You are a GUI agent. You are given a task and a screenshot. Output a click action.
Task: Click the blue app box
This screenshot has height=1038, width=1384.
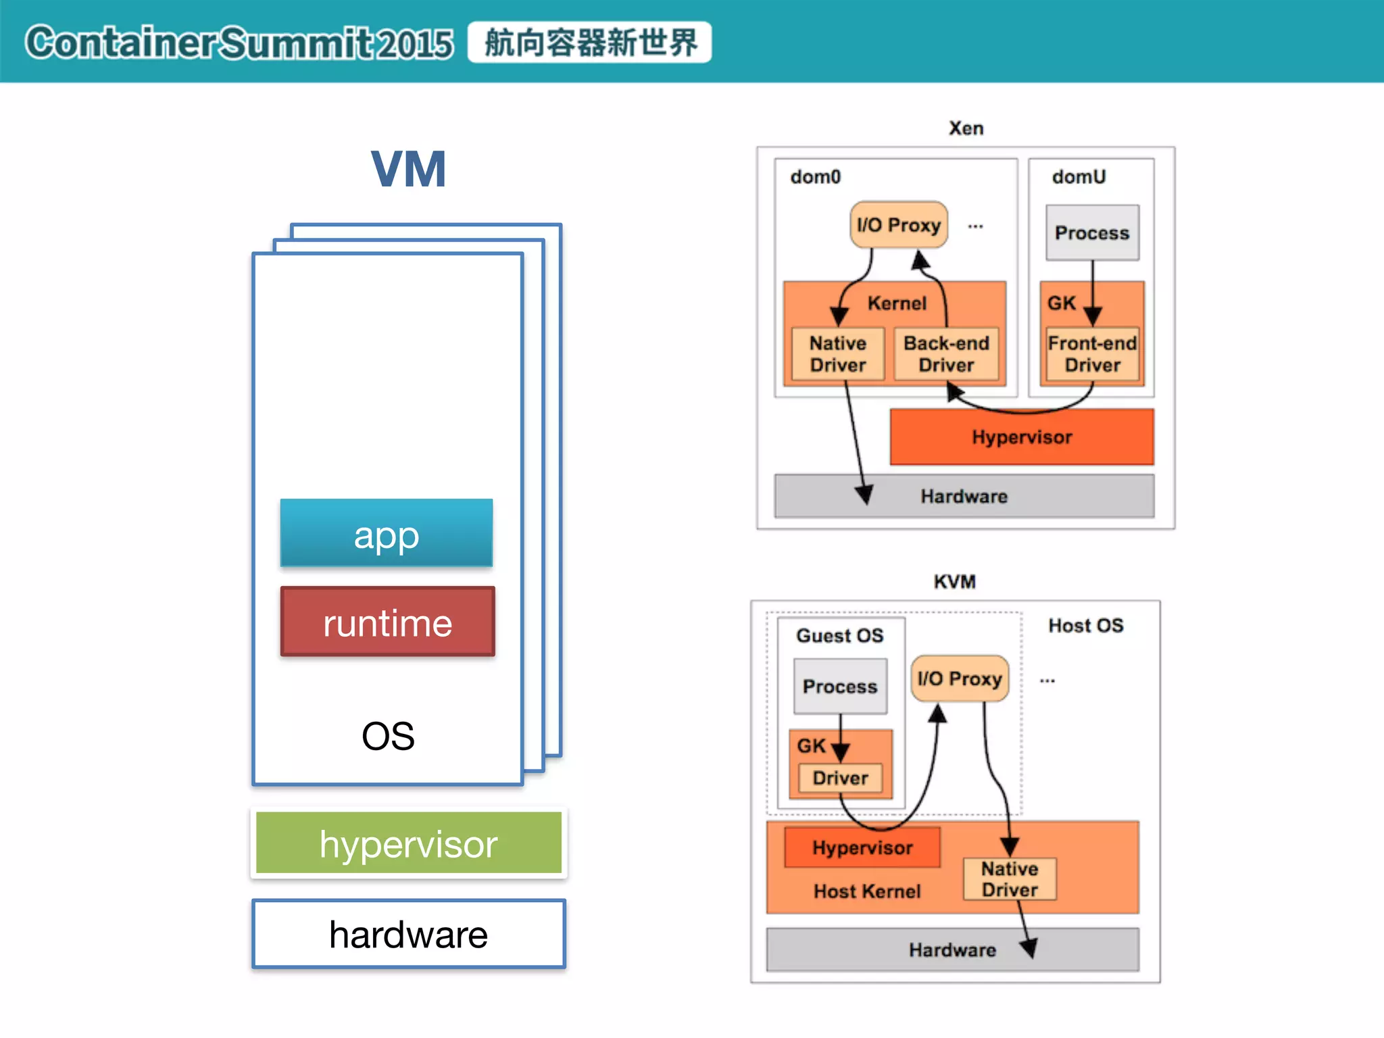coord(387,533)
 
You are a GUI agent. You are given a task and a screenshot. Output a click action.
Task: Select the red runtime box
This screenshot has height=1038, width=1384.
coord(388,622)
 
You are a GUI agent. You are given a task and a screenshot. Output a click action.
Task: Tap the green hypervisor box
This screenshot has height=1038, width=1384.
coord(409,843)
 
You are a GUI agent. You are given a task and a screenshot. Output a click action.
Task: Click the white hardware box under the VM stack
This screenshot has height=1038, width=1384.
coord(409,934)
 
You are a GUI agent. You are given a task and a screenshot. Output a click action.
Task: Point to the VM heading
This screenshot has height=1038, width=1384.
coord(409,169)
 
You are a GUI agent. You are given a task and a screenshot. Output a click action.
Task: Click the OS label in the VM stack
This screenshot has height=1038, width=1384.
coord(388,735)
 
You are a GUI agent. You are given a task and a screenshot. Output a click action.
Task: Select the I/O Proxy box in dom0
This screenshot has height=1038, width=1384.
coord(899,224)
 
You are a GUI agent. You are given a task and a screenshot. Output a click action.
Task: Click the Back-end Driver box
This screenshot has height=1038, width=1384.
coord(946,354)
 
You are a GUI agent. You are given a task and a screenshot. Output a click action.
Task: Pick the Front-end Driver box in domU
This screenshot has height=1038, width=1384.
coord(1092,354)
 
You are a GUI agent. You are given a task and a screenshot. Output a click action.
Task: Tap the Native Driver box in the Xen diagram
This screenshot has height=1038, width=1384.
coord(838,354)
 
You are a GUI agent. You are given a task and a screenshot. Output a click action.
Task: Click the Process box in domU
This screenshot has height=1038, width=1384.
coord(1092,232)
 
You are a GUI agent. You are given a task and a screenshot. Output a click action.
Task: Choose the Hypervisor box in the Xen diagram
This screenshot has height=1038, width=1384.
coord(1022,437)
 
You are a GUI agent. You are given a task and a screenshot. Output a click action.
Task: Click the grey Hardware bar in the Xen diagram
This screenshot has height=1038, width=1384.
coord(964,496)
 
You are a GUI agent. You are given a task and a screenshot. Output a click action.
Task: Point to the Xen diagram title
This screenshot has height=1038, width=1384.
coord(966,128)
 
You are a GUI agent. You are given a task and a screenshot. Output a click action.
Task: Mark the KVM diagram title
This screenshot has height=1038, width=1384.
coord(955,582)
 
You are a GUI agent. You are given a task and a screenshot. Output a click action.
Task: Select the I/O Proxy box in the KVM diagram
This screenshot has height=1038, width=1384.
coord(960,678)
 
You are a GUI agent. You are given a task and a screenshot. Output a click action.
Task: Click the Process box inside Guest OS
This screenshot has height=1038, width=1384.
coord(840,687)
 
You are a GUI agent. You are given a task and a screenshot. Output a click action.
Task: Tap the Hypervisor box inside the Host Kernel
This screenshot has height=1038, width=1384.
coord(862,847)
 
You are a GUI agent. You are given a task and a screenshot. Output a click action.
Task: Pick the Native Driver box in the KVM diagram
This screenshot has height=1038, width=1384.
coord(1010,879)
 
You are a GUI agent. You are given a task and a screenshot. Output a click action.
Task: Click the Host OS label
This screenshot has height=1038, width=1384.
coord(1086,626)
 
